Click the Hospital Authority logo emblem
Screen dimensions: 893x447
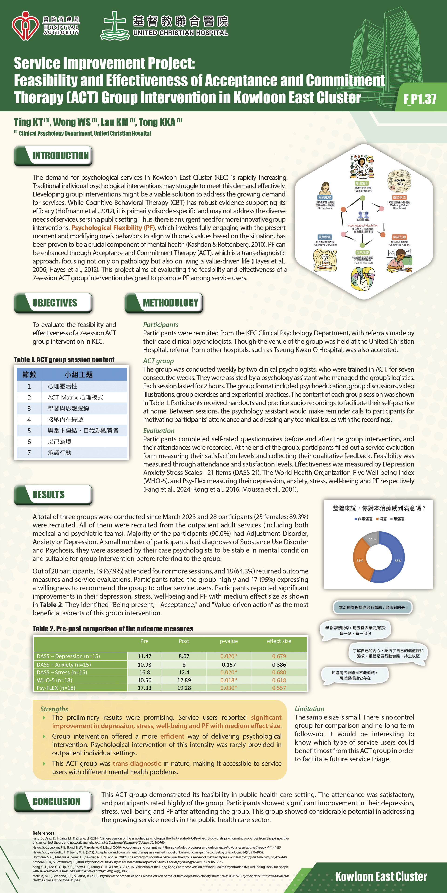coord(25,26)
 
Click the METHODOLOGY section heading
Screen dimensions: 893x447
coord(170,303)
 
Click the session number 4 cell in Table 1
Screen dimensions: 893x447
coord(29,420)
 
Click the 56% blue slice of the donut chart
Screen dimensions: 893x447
coord(397,560)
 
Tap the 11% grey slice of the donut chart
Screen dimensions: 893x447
coord(372,540)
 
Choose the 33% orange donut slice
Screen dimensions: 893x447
coord(360,560)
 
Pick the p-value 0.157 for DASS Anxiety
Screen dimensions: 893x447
coord(229,665)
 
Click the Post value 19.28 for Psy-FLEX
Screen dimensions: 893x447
coord(184,688)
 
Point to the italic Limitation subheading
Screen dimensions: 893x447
coord(309,709)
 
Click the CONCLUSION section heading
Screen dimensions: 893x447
coord(56,801)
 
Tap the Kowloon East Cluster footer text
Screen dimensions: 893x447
coord(381,877)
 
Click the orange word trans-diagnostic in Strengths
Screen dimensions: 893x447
coord(137,763)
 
